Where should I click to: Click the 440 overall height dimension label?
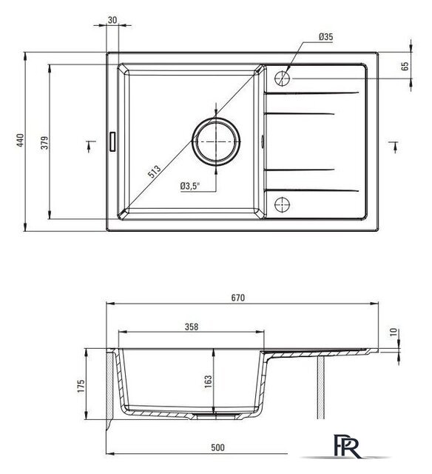pyautogui.click(x=20, y=140)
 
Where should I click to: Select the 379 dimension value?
pyautogui.click(x=44, y=143)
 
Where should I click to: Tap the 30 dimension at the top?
pyautogui.click(x=112, y=20)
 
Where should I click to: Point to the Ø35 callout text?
pyautogui.click(x=325, y=37)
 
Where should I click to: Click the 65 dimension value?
pyautogui.click(x=405, y=66)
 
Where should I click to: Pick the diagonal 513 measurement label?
pyautogui.click(x=155, y=172)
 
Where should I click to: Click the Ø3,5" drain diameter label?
pyautogui.click(x=190, y=186)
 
